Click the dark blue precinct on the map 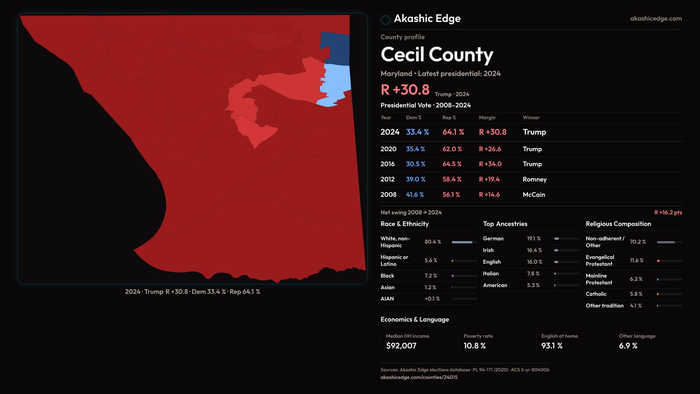[335, 47]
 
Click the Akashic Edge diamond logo [385, 20]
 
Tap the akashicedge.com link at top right [656, 19]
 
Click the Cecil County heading [437, 55]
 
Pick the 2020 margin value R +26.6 [490, 149]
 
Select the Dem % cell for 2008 [415, 195]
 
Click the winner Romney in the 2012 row [534, 179]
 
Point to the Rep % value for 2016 [452, 164]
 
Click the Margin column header [487, 117]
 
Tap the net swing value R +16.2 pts [668, 213]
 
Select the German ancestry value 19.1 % [533, 239]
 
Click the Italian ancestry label [491, 274]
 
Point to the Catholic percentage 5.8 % [636, 294]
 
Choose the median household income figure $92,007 [401, 346]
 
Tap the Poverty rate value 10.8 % [474, 346]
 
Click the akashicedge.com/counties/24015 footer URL [419, 378]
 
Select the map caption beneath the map [192, 292]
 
